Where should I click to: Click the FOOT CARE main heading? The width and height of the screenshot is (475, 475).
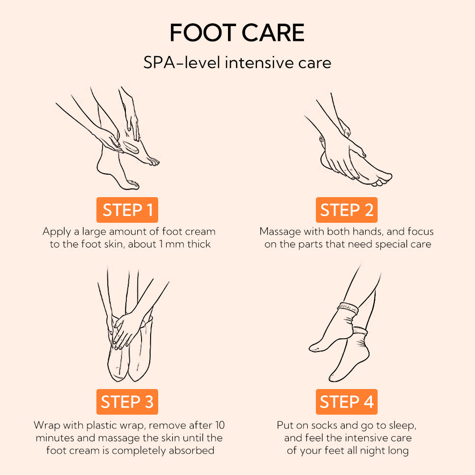[x=237, y=33]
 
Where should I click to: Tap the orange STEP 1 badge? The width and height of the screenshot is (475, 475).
[x=127, y=210]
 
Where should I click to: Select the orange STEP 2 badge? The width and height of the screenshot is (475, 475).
[x=346, y=210]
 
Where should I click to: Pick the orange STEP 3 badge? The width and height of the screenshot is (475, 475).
[x=127, y=402]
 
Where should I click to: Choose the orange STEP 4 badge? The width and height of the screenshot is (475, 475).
[x=346, y=402]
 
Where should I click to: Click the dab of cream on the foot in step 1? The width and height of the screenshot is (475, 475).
[x=129, y=147]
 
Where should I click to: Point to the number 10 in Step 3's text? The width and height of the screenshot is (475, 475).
[x=219, y=424]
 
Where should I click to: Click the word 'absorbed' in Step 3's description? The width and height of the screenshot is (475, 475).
[x=193, y=450]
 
